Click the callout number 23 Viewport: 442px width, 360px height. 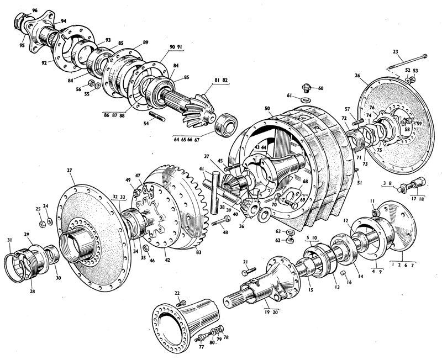click(x=395, y=52)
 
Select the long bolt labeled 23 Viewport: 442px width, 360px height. click(x=408, y=62)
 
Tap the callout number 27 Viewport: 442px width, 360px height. click(x=70, y=170)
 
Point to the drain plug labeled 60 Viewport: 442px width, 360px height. click(x=307, y=88)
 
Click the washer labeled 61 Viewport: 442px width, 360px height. click(x=306, y=100)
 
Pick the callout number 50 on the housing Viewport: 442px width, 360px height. click(x=267, y=108)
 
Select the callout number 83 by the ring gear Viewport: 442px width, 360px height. click(x=199, y=252)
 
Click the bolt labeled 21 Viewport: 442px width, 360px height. click(x=249, y=271)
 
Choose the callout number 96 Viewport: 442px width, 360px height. click(x=35, y=10)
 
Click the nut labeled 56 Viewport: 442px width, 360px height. click(x=91, y=83)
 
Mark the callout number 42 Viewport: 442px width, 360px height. click(x=167, y=260)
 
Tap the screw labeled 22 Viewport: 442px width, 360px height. click(x=181, y=303)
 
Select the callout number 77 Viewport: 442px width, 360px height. click(x=201, y=347)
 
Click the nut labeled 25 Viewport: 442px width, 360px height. click(x=42, y=225)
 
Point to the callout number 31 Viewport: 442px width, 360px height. click(x=9, y=240)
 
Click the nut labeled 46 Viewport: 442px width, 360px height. click(x=146, y=248)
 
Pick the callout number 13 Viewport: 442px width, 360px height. click(x=337, y=287)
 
